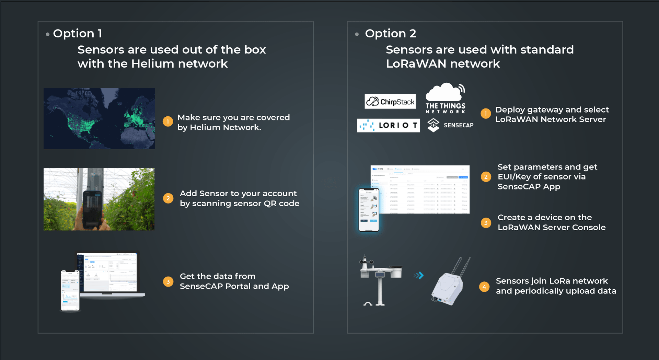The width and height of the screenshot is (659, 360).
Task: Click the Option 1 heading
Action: pos(77,33)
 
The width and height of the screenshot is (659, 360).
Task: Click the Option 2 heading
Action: pos(390,33)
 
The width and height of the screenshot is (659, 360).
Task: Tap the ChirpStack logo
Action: pos(390,102)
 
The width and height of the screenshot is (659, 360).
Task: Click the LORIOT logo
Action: pos(388,126)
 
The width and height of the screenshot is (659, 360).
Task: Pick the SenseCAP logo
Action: pos(450,125)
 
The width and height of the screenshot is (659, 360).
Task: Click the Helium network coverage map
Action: pos(99,119)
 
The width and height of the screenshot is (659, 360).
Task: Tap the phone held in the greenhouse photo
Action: pos(92,208)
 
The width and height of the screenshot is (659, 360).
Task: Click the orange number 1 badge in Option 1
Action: pos(167,121)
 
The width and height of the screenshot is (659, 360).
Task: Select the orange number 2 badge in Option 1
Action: pos(168,198)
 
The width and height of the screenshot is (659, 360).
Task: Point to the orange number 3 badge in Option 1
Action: pos(168,282)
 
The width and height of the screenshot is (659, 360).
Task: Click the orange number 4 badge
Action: pos(484,287)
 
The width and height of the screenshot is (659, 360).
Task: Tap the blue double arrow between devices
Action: pos(419,275)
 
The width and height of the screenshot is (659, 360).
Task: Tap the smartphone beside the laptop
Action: pos(70,290)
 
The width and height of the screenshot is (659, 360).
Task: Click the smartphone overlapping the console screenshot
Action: pos(369,210)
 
